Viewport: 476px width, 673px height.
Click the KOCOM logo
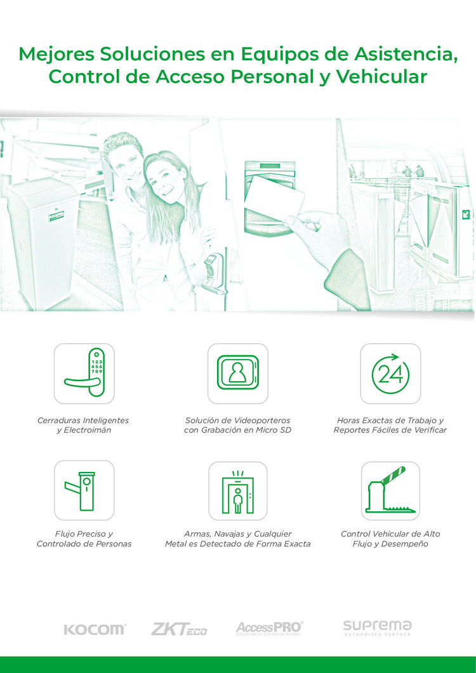(95, 630)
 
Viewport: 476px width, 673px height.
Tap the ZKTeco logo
(179, 629)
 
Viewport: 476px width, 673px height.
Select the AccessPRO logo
(269, 629)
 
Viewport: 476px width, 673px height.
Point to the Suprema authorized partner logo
(377, 628)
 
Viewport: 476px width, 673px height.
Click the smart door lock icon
(84, 373)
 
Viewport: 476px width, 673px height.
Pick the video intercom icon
(237, 372)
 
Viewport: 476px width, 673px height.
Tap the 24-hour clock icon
(390, 374)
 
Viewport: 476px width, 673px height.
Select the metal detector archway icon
(237, 492)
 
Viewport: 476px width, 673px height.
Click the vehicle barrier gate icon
(390, 490)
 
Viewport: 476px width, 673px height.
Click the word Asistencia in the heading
(405, 54)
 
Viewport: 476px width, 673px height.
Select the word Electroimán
(87, 430)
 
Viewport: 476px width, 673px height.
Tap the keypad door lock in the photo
(213, 273)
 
